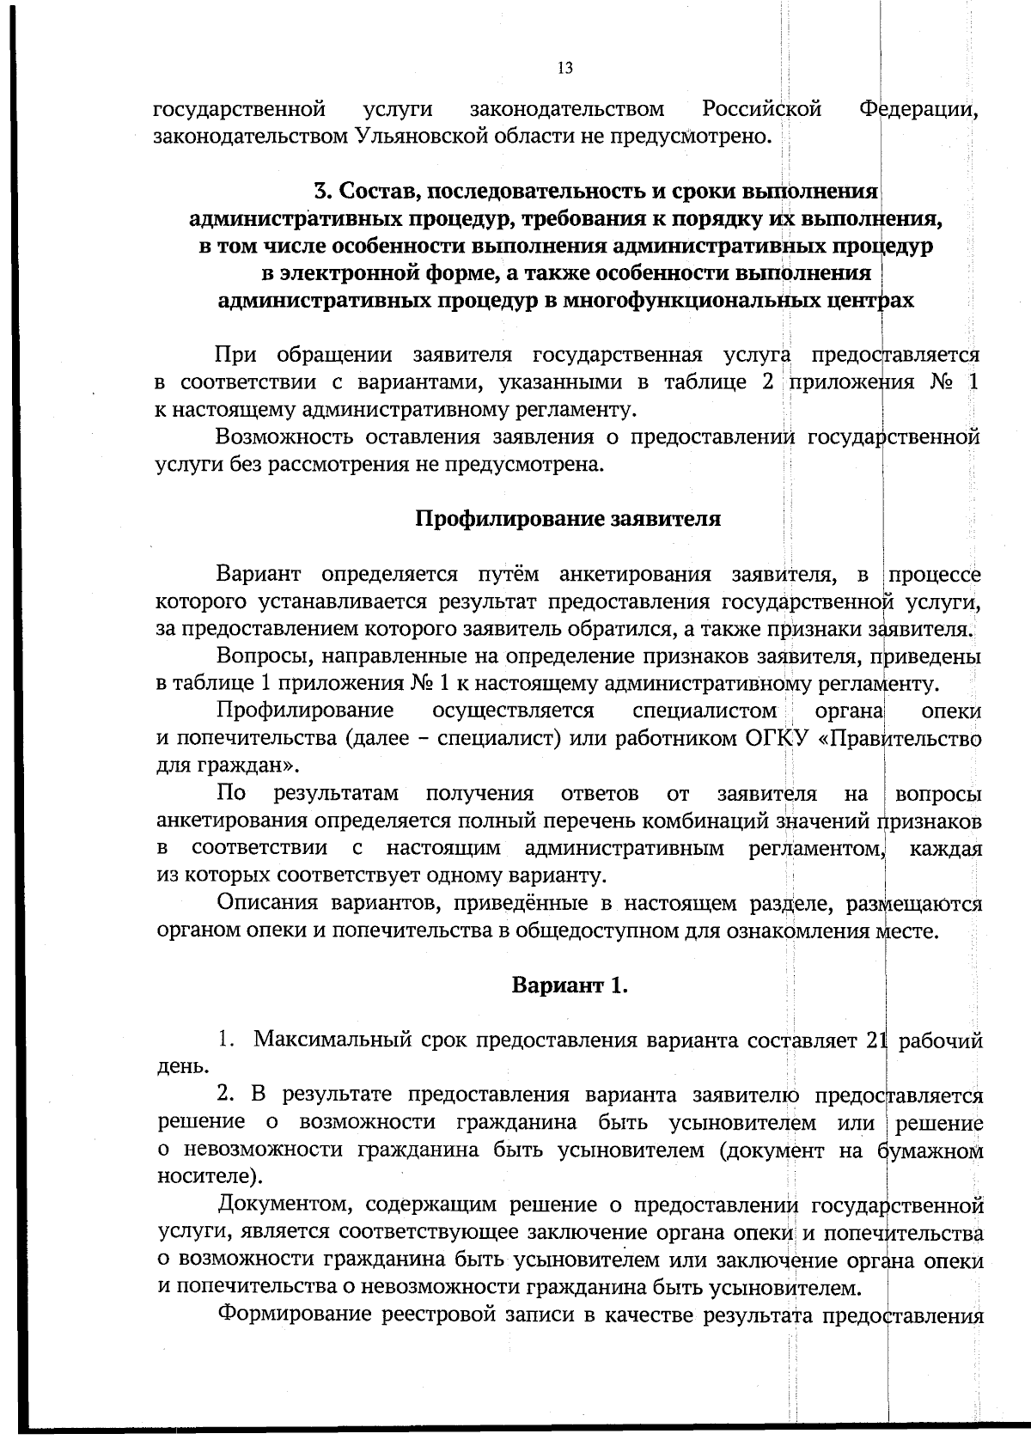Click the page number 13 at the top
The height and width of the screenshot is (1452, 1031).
(564, 69)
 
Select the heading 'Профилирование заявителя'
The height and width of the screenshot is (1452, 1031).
(568, 519)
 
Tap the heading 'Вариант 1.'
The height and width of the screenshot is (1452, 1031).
(570, 985)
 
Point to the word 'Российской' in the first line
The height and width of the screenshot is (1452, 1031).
(761, 109)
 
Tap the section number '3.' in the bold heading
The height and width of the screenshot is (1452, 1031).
(322, 191)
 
